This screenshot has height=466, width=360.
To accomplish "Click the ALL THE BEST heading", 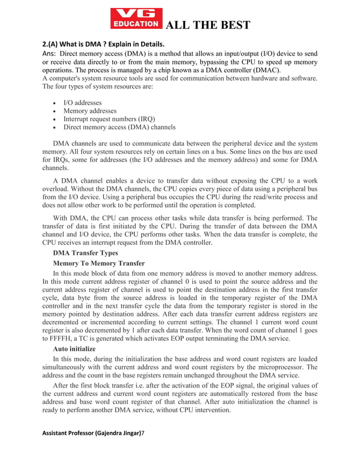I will [x=206, y=25].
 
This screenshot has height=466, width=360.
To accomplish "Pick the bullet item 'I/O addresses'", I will [x=82, y=103].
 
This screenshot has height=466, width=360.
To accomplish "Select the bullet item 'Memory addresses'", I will [x=90, y=111].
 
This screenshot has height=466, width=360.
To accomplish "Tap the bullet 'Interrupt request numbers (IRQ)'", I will [x=109, y=119].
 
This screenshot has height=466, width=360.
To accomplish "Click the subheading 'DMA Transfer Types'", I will [x=85, y=253].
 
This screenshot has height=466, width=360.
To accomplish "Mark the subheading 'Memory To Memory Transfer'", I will [x=98, y=263].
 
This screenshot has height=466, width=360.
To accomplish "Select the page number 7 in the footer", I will [x=143, y=448].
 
